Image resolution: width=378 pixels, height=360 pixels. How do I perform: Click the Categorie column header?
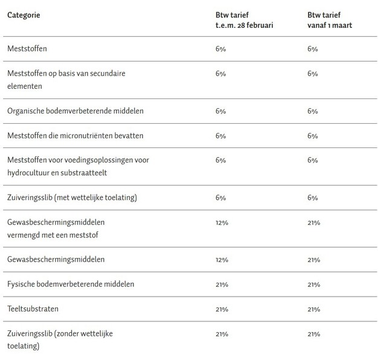pyautogui.click(x=24, y=14)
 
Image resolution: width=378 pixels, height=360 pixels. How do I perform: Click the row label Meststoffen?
pyautogui.click(x=28, y=48)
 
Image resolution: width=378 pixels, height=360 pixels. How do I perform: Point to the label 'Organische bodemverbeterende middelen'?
pyautogui.click(x=75, y=111)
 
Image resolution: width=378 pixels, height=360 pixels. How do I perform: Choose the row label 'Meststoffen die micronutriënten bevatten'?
pyautogui.click(x=75, y=136)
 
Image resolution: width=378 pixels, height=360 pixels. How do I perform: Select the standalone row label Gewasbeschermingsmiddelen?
pyautogui.click(x=56, y=260)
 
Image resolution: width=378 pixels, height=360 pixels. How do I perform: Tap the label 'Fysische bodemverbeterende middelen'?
pyautogui.click(x=71, y=284)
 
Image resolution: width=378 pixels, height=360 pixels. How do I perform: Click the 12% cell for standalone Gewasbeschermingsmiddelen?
pyautogui.click(x=222, y=260)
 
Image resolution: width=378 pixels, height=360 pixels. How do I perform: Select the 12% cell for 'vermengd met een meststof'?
pyautogui.click(x=222, y=222)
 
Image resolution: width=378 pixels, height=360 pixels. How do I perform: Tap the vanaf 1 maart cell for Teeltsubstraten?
pyautogui.click(x=313, y=309)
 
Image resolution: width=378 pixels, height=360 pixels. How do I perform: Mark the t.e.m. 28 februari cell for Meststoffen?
pyautogui.click(x=220, y=48)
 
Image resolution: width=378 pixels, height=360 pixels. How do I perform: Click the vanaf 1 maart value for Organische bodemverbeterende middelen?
pyautogui.click(x=312, y=111)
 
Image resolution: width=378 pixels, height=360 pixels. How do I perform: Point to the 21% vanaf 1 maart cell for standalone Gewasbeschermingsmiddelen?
pyautogui.click(x=313, y=260)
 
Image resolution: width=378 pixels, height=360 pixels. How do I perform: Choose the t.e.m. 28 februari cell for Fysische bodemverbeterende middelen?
pyautogui.click(x=222, y=284)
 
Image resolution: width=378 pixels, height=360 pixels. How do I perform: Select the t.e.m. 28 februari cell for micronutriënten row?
pyautogui.click(x=220, y=136)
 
